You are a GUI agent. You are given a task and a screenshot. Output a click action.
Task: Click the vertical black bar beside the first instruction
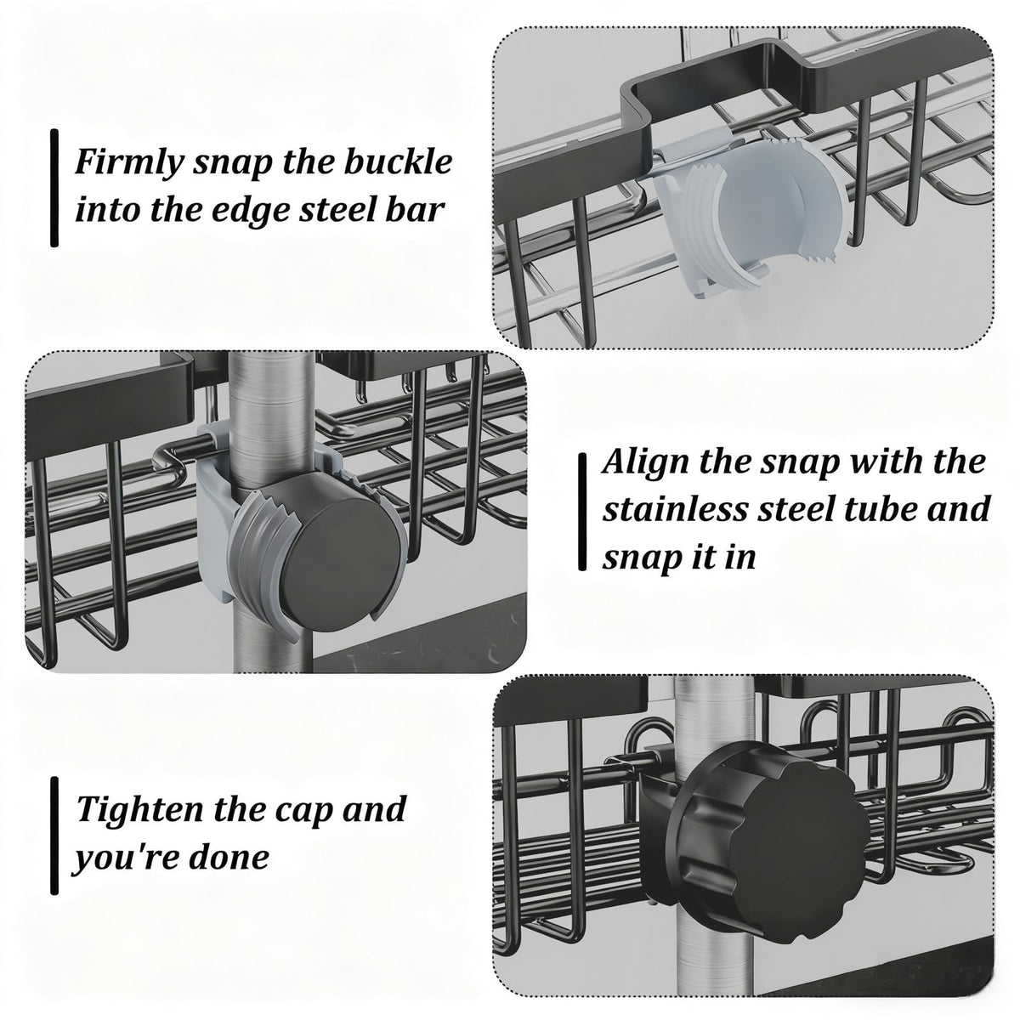(54, 189)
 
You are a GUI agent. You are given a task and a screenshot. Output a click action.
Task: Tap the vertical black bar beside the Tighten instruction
(54, 837)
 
